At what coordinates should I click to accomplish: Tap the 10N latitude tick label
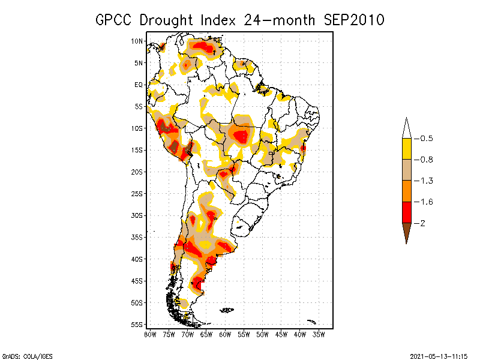137,41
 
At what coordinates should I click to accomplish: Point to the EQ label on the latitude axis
138,85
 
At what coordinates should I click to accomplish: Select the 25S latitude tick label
137,194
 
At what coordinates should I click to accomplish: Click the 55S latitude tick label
137,325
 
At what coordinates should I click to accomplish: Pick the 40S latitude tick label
137,259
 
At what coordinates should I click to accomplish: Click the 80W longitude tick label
150,334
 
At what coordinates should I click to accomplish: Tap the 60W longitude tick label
225,334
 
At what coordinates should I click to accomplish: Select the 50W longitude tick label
262,334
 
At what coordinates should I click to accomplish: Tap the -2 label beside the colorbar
422,223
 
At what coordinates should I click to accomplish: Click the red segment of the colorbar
406,212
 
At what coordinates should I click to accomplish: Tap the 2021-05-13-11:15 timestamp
438,356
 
